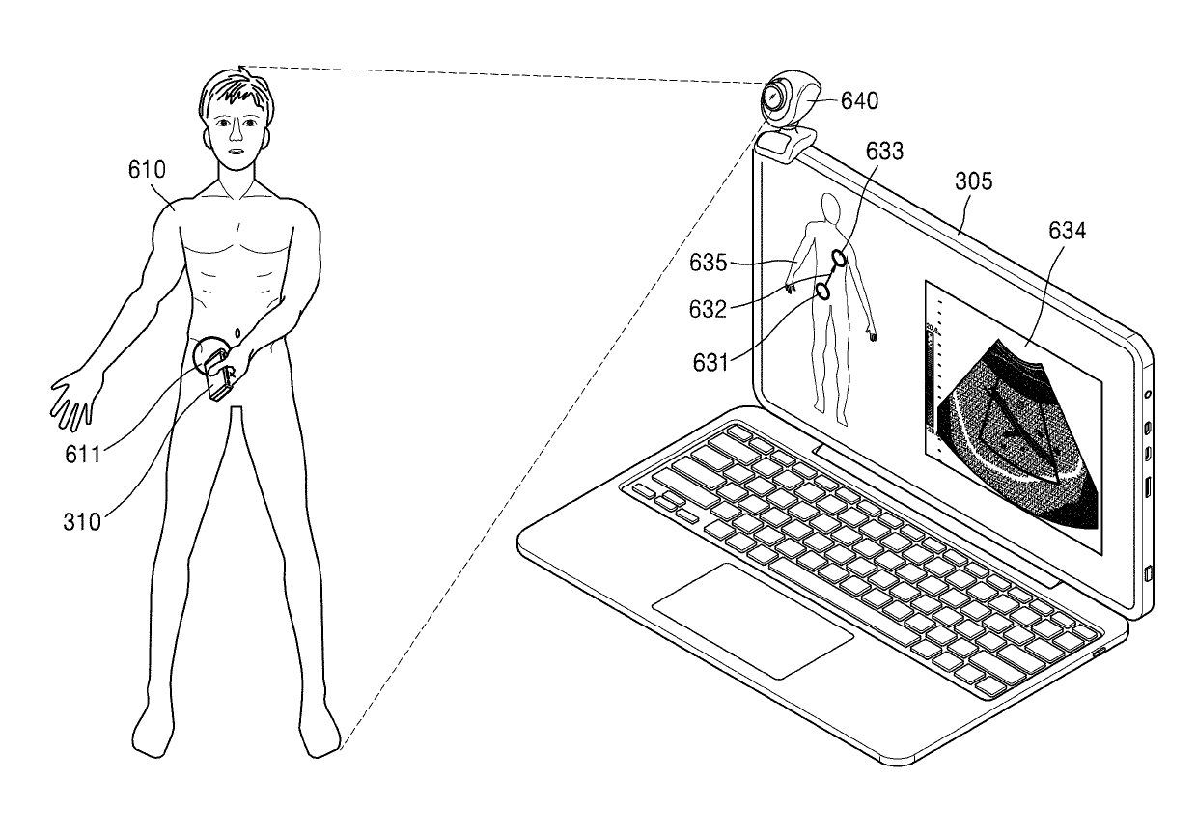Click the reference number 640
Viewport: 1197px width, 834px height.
(858, 99)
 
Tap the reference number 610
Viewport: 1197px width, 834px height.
(148, 171)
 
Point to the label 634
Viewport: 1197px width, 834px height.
(1066, 231)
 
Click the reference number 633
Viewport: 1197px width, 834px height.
(884, 151)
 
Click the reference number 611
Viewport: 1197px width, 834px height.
(83, 453)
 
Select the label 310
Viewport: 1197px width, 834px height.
(83, 522)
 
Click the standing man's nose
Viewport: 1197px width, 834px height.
(235, 135)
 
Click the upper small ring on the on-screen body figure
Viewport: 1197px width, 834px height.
(840, 258)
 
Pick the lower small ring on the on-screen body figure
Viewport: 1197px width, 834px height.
(822, 289)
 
